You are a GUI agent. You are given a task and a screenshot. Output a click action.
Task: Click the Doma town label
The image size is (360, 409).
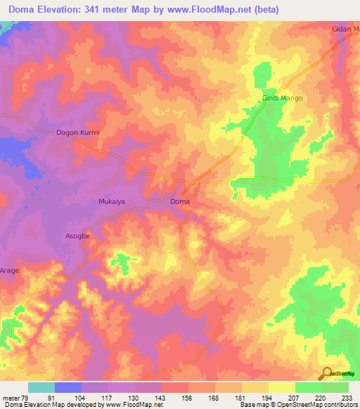pyautogui.click(x=180, y=202)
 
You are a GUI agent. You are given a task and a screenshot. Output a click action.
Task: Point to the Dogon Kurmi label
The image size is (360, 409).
pyautogui.click(x=79, y=132)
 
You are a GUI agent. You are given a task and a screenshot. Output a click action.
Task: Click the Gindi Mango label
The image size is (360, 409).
pyautogui.click(x=283, y=98)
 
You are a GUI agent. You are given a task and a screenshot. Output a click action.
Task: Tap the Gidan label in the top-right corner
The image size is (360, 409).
pyautogui.click(x=345, y=30)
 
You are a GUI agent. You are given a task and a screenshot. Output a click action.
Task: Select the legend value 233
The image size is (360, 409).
pyautogui.click(x=347, y=397)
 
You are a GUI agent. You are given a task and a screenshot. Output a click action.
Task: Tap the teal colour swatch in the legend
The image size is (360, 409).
pyautogui.click(x=41, y=387)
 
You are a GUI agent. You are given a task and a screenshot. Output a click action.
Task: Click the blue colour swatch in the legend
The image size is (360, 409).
pyautogui.click(x=68, y=387)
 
